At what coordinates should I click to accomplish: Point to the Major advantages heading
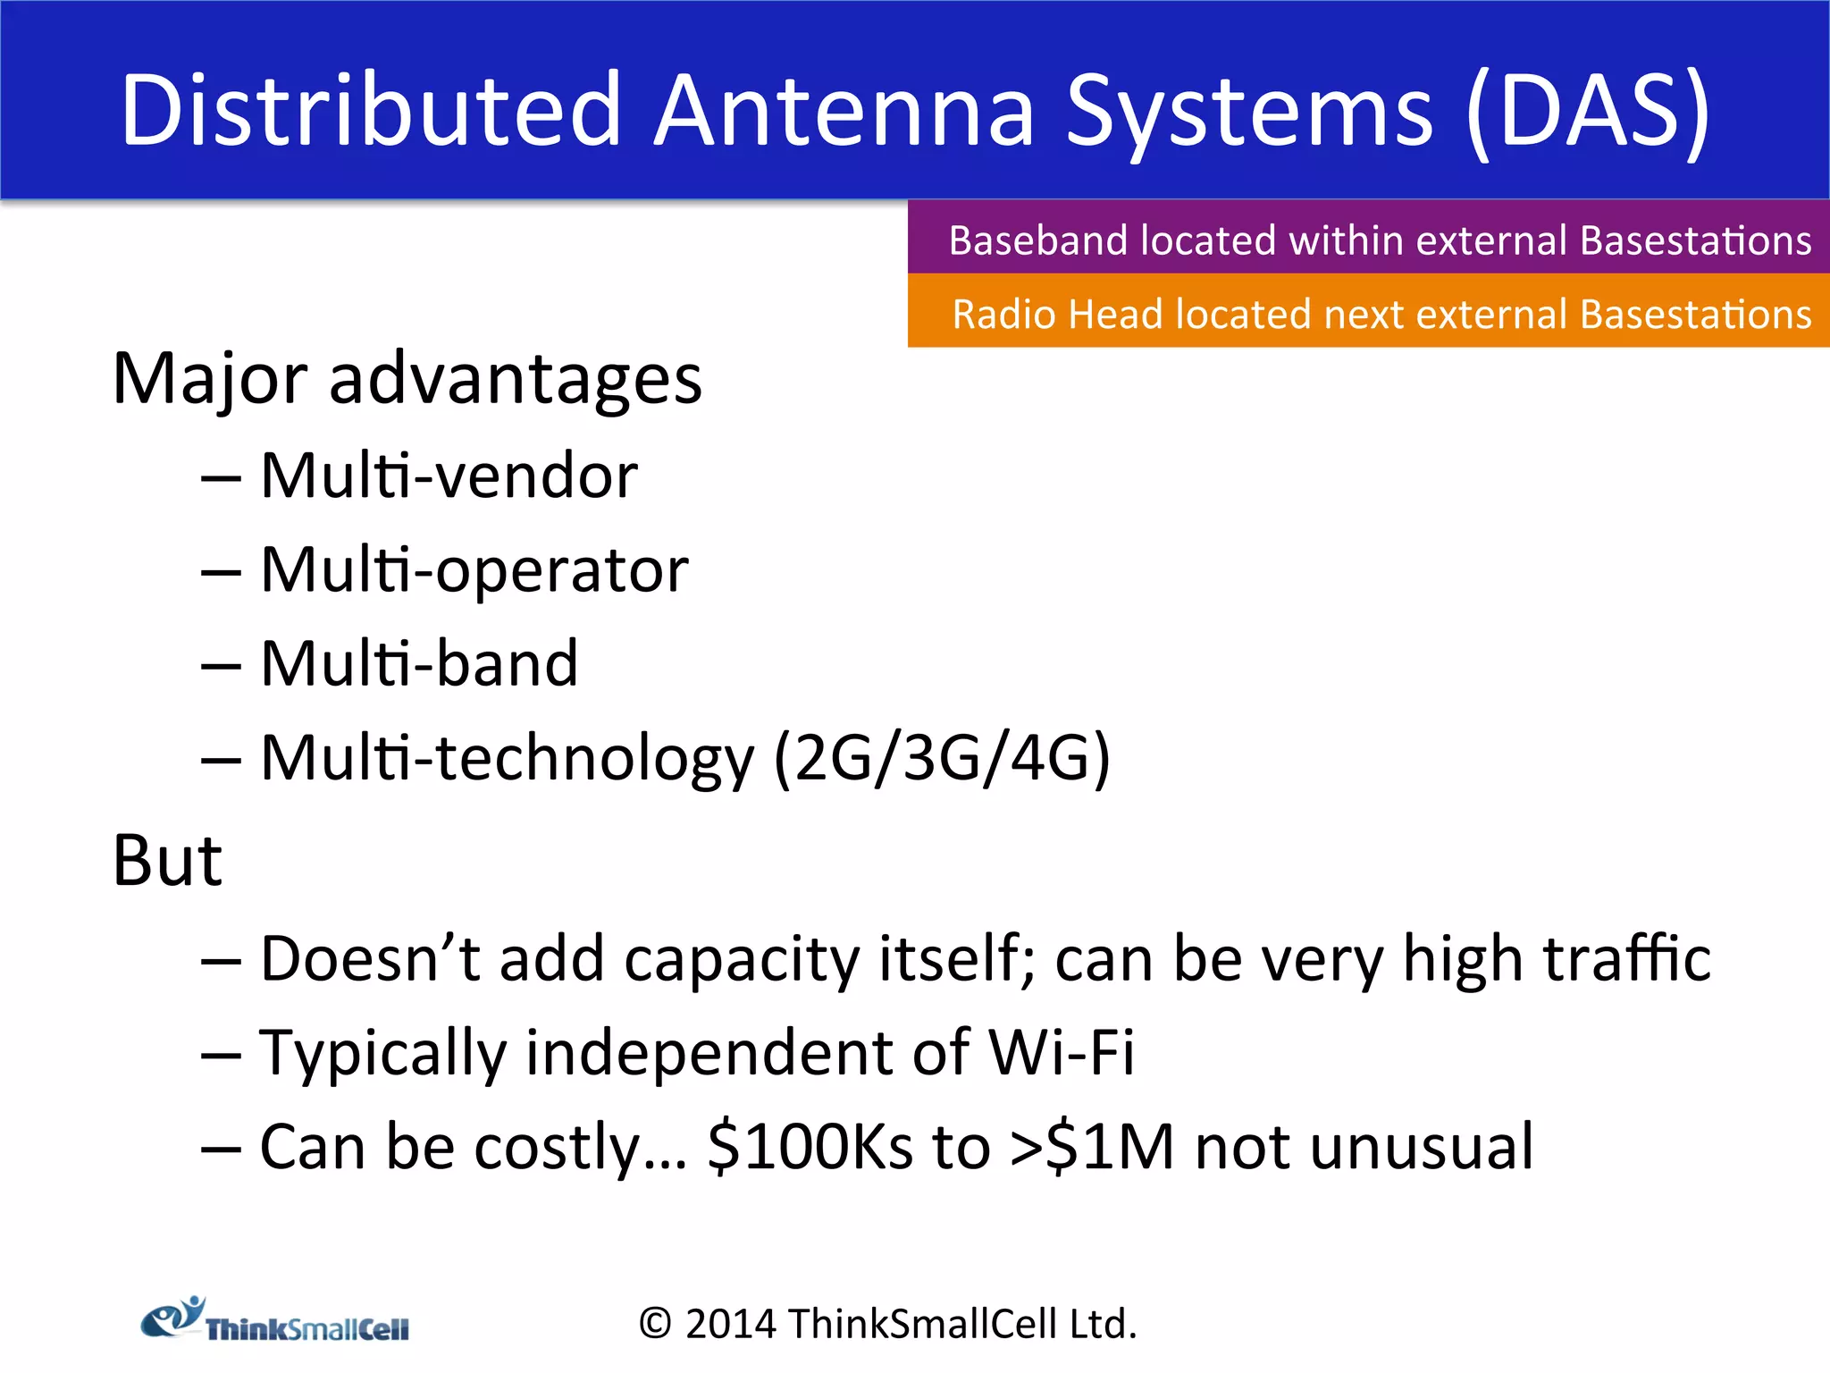(x=407, y=379)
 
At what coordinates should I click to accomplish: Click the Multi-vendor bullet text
(x=449, y=476)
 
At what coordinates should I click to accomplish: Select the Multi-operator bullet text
(x=474, y=570)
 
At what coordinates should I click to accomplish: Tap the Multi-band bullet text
(x=419, y=664)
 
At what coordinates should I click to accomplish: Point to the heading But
(x=167, y=860)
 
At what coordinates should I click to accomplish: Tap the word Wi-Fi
(x=1061, y=1052)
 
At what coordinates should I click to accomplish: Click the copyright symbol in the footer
(x=655, y=1324)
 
